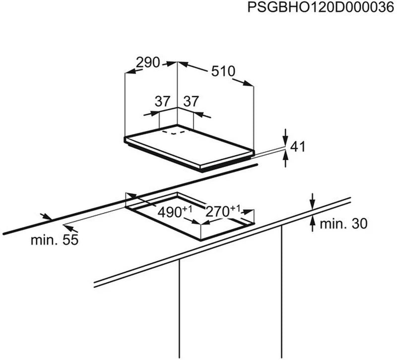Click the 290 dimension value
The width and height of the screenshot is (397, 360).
[148, 62]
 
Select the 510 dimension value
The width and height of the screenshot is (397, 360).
[223, 70]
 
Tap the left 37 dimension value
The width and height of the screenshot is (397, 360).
[162, 102]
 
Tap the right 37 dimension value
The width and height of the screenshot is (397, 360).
[191, 102]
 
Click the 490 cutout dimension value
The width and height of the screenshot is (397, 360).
[171, 212]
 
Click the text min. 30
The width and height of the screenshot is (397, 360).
[343, 224]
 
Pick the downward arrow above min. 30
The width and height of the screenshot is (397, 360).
[312, 203]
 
